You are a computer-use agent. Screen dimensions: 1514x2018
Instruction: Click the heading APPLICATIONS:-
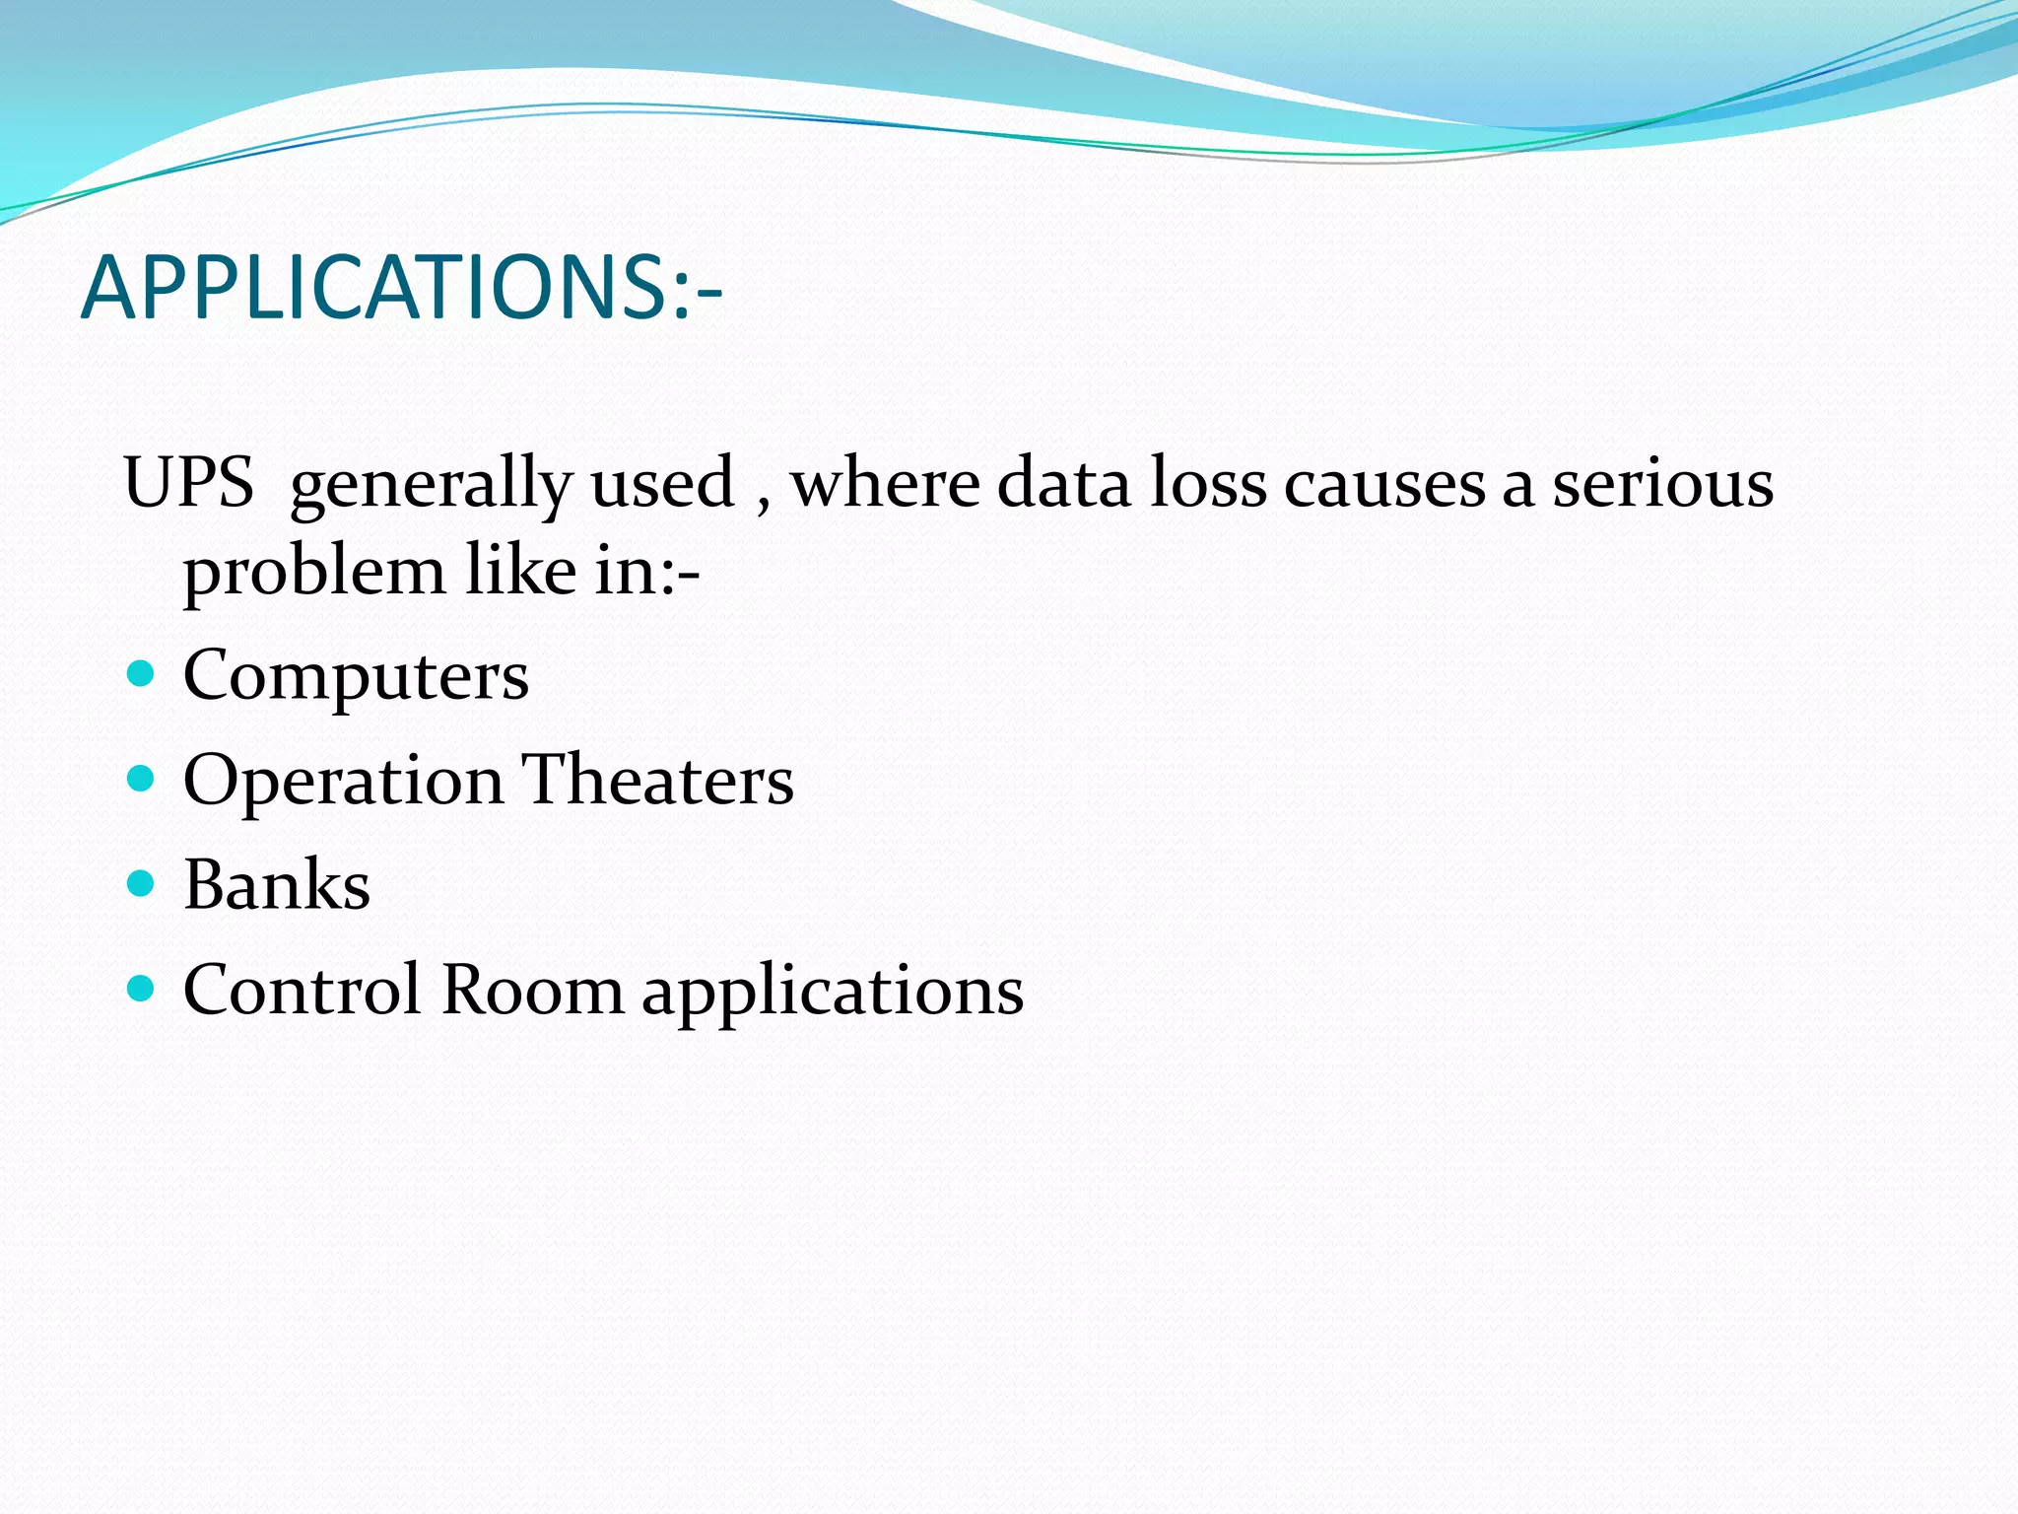pos(402,288)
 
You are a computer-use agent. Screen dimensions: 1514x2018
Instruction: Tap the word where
pos(885,483)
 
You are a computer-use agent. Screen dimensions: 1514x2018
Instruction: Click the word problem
pos(314,574)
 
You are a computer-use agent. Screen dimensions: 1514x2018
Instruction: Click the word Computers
pos(356,676)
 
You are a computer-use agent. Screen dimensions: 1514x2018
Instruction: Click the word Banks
pos(277,884)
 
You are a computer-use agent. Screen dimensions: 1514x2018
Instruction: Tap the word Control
pos(303,989)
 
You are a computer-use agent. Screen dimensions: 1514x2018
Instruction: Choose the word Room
pos(532,989)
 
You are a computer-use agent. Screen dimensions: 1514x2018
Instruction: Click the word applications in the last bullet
pos(833,992)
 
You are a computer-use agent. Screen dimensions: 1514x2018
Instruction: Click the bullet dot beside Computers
pos(142,674)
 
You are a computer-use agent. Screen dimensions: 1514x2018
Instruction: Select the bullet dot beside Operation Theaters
pos(142,779)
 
